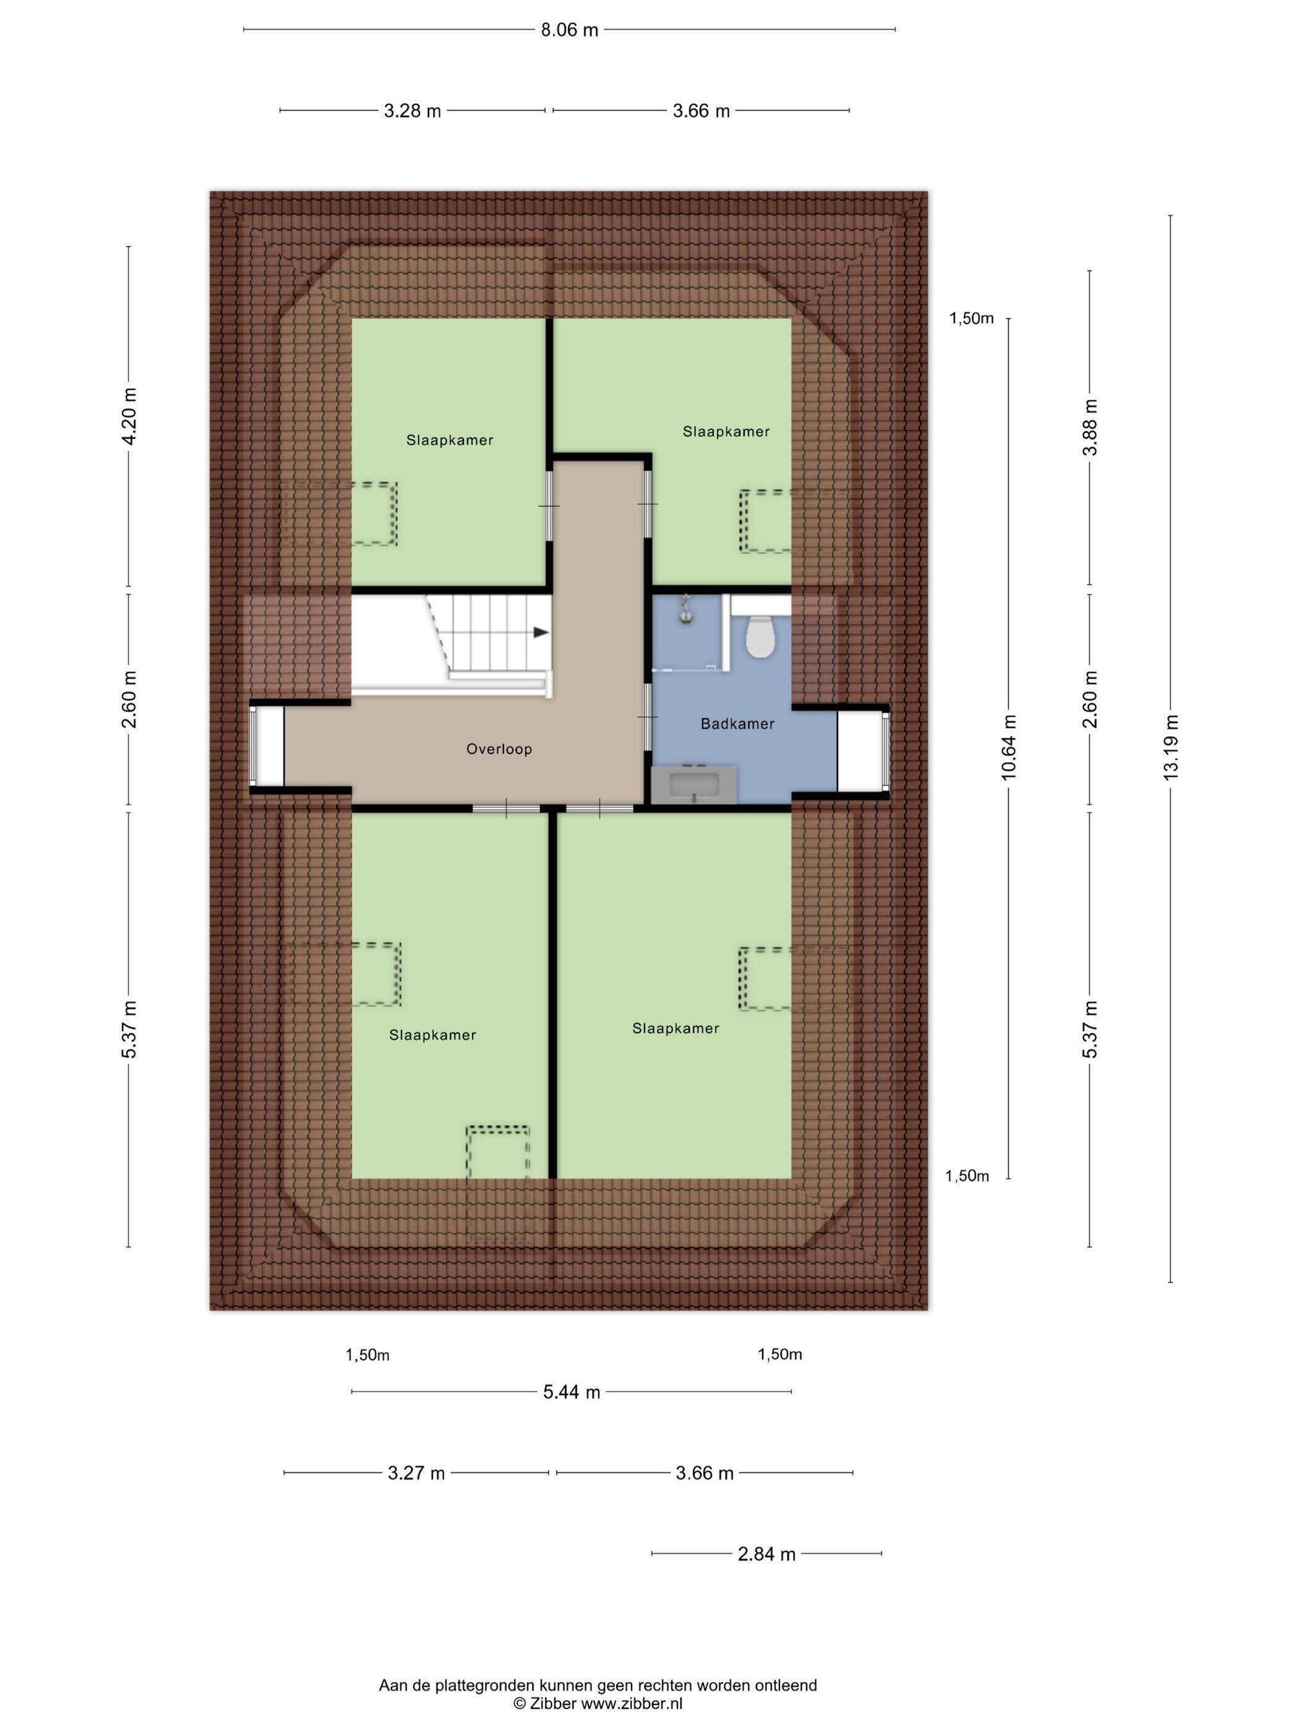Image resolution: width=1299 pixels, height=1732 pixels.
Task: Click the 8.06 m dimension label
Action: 569,30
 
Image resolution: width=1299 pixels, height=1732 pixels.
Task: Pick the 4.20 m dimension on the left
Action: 129,416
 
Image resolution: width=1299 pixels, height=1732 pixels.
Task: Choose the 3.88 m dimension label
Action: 1090,427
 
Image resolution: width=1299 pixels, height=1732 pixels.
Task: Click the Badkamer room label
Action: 737,724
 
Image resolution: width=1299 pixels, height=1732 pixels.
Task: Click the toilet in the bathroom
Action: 758,636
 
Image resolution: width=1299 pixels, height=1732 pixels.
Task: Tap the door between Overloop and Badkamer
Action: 647,717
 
